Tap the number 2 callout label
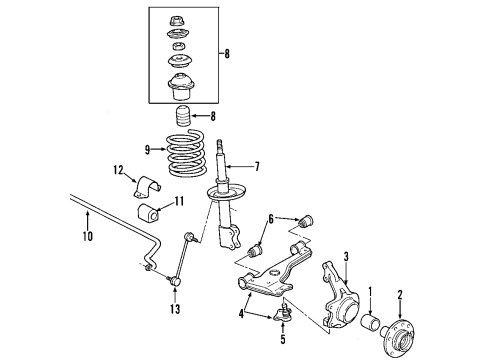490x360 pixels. tap(401, 295)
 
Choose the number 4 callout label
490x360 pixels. tap(240, 315)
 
